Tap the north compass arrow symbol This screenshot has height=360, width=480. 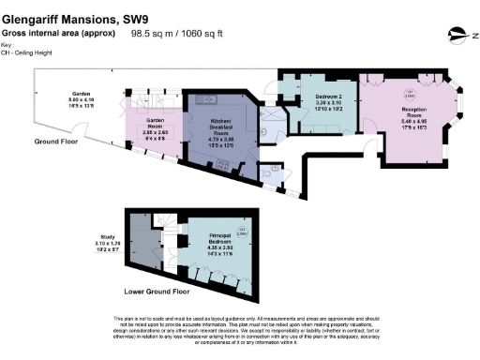coord(457,36)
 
